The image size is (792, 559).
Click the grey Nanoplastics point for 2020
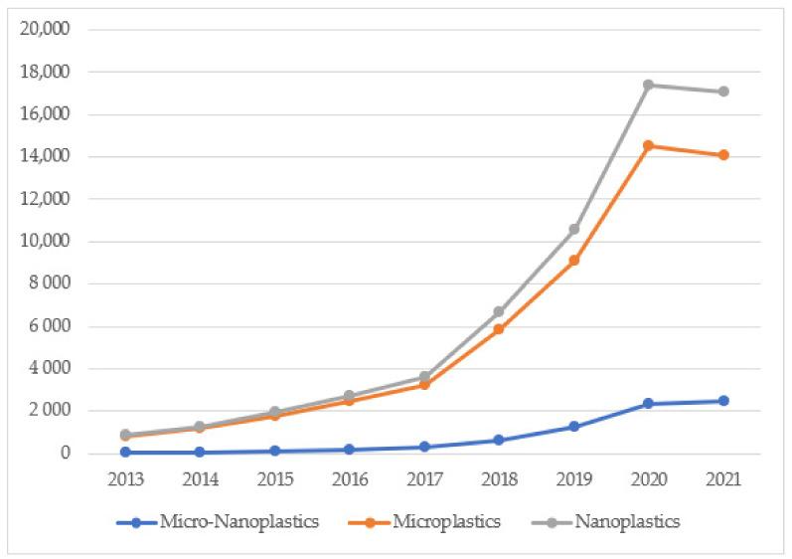(649, 85)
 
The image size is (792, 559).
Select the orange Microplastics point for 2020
(649, 145)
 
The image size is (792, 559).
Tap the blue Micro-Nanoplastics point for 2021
(723, 401)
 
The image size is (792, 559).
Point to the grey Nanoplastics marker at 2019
(574, 229)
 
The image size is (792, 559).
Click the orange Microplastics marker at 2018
(499, 329)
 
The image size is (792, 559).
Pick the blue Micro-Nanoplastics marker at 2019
(574, 427)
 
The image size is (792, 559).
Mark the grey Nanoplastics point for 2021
(723, 92)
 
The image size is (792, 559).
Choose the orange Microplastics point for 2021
(723, 155)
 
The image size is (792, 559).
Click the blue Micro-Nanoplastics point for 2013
(126, 452)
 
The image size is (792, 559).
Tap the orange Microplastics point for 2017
(424, 384)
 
